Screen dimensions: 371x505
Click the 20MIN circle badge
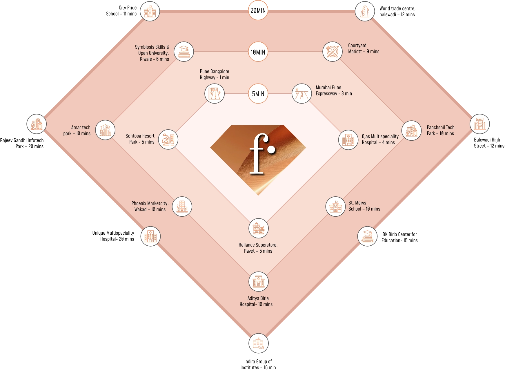(x=258, y=10)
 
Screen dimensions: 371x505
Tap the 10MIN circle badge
(x=258, y=52)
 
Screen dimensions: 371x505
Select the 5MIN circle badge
(x=258, y=94)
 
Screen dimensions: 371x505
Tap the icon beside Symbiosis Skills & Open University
(x=184, y=52)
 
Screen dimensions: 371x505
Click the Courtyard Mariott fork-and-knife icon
(x=332, y=51)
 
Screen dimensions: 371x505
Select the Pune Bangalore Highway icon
(x=215, y=93)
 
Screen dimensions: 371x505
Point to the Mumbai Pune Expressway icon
(x=301, y=93)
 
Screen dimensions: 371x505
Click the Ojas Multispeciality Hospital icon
(x=348, y=140)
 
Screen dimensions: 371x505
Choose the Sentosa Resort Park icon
(x=168, y=140)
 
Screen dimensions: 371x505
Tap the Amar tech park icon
(x=105, y=130)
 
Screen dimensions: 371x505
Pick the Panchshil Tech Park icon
(x=411, y=131)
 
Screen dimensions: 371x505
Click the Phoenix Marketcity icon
(x=182, y=207)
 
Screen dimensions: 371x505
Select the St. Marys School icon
(x=335, y=207)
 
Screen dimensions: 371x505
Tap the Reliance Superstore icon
(x=258, y=228)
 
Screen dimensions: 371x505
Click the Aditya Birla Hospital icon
(x=258, y=281)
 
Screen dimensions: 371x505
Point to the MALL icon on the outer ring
(x=479, y=124)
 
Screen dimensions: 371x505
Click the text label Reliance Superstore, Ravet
(x=258, y=248)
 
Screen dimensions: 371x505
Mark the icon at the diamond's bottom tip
(x=258, y=343)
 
